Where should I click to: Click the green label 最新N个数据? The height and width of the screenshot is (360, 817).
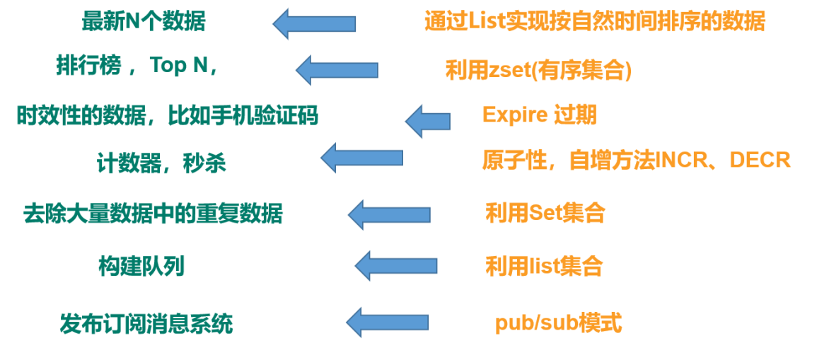coord(144,22)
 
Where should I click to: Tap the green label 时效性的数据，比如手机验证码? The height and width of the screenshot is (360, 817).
coord(168,115)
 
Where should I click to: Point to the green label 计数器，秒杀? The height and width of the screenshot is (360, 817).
coord(161,164)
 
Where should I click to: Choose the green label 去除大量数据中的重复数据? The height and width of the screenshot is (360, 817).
coord(153,213)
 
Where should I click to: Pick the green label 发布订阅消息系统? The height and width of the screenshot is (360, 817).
coord(146,324)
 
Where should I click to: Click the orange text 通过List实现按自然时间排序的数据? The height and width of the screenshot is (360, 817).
coord(594,22)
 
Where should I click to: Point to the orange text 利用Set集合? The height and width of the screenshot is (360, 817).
coord(545,213)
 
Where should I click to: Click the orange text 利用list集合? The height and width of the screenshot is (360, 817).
coord(544,267)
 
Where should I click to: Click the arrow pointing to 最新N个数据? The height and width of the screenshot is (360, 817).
coord(314,24)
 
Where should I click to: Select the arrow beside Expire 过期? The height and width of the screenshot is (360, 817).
coord(428,121)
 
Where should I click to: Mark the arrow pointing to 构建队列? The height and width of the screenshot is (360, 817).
coord(395,266)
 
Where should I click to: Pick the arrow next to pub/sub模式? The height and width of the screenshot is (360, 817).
coord(387,323)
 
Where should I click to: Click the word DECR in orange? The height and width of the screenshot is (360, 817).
coord(760,161)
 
